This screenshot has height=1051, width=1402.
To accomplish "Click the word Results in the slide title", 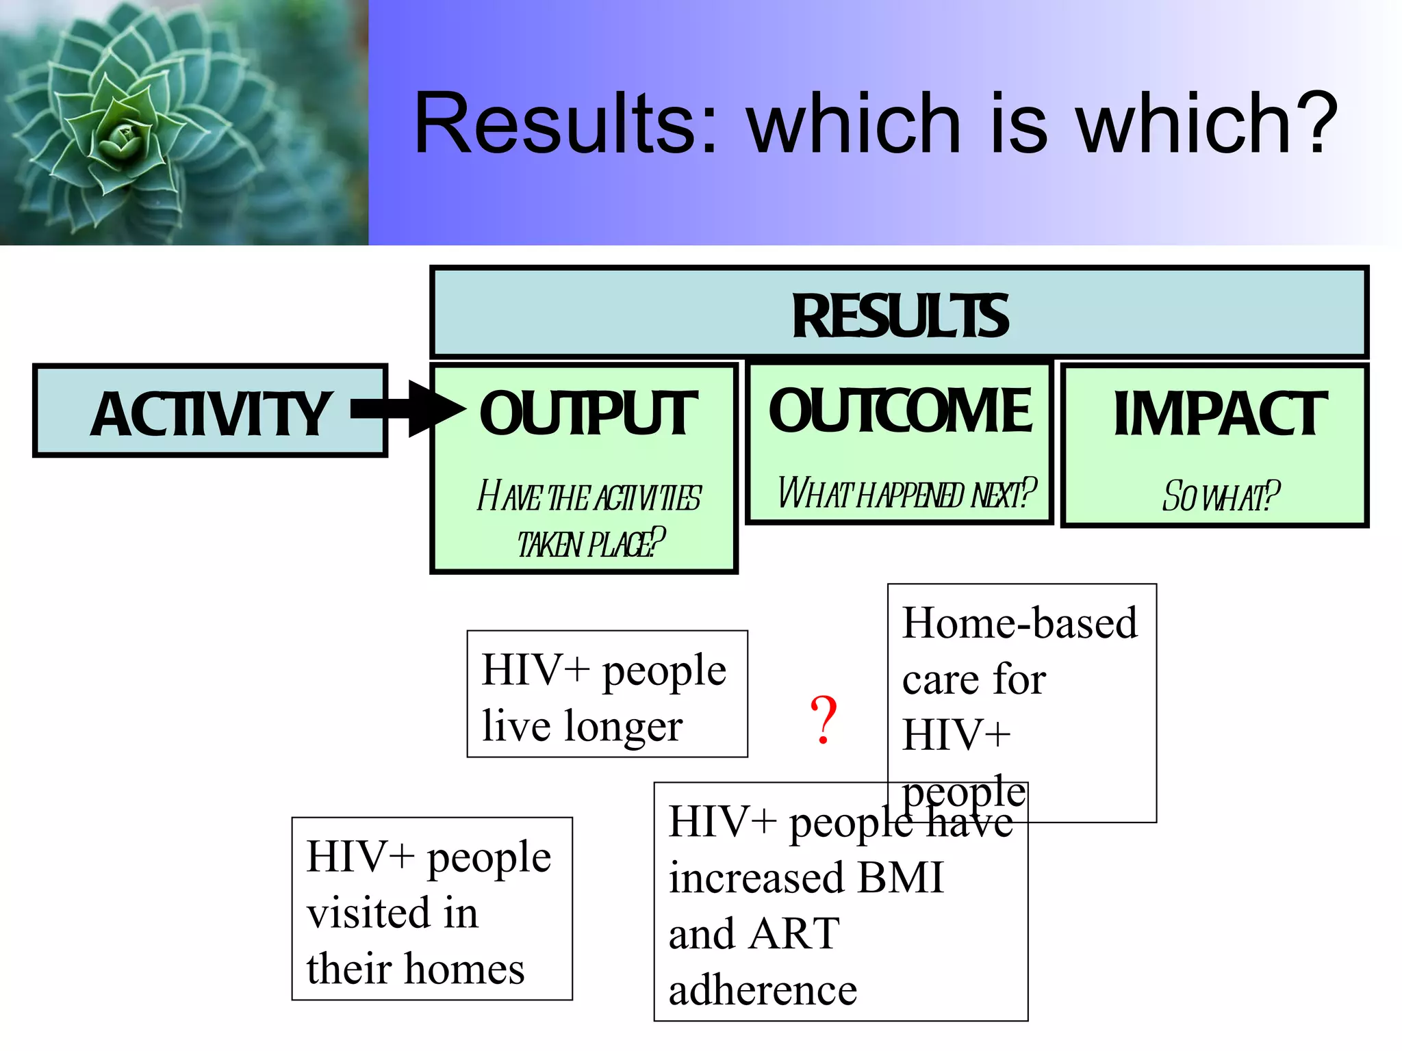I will (565, 124).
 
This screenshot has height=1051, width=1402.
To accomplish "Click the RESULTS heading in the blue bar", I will (900, 316).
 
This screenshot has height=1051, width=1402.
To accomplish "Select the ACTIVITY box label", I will (210, 414).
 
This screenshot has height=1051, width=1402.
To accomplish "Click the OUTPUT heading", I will (587, 413).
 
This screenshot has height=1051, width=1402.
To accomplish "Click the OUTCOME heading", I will (900, 411).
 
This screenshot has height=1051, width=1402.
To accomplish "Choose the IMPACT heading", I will (1219, 413).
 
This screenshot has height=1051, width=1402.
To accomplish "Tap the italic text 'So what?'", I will (1220, 496).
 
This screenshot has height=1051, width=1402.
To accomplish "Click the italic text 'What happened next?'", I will (906, 493).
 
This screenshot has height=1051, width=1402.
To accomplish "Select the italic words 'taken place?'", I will (590, 544).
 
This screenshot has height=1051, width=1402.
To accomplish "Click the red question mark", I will (824, 719).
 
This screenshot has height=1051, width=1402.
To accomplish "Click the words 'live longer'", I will (582, 727).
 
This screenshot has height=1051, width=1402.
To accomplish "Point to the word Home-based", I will (1019, 623).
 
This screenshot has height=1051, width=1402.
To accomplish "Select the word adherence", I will (762, 990).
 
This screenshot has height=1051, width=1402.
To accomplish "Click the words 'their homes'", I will (415, 969).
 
